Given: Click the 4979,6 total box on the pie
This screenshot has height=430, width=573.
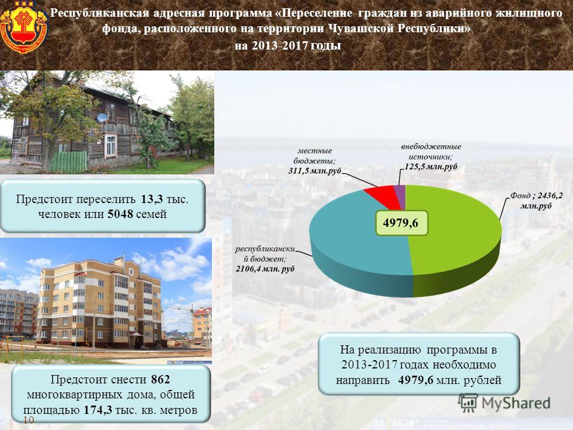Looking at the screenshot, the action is tap(401, 223).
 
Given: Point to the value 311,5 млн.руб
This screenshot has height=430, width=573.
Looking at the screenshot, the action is tap(315, 171).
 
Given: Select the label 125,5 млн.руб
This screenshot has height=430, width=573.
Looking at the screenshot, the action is tap(431, 167).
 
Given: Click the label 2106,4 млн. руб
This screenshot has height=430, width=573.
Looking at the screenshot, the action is tap(265, 269).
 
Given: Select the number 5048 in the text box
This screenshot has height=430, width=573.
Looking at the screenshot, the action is tap(120, 214).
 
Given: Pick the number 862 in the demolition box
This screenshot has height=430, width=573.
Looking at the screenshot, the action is tap(161, 380).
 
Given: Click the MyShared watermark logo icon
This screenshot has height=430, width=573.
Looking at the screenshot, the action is tap(468, 403).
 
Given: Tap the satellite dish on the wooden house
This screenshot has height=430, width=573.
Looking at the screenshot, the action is tap(102, 118).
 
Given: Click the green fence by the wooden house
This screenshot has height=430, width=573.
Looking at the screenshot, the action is tap(68, 162).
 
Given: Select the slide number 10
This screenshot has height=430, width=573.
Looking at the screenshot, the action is tap(29, 420).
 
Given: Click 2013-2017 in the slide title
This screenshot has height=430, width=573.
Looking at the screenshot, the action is tap(280, 45).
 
